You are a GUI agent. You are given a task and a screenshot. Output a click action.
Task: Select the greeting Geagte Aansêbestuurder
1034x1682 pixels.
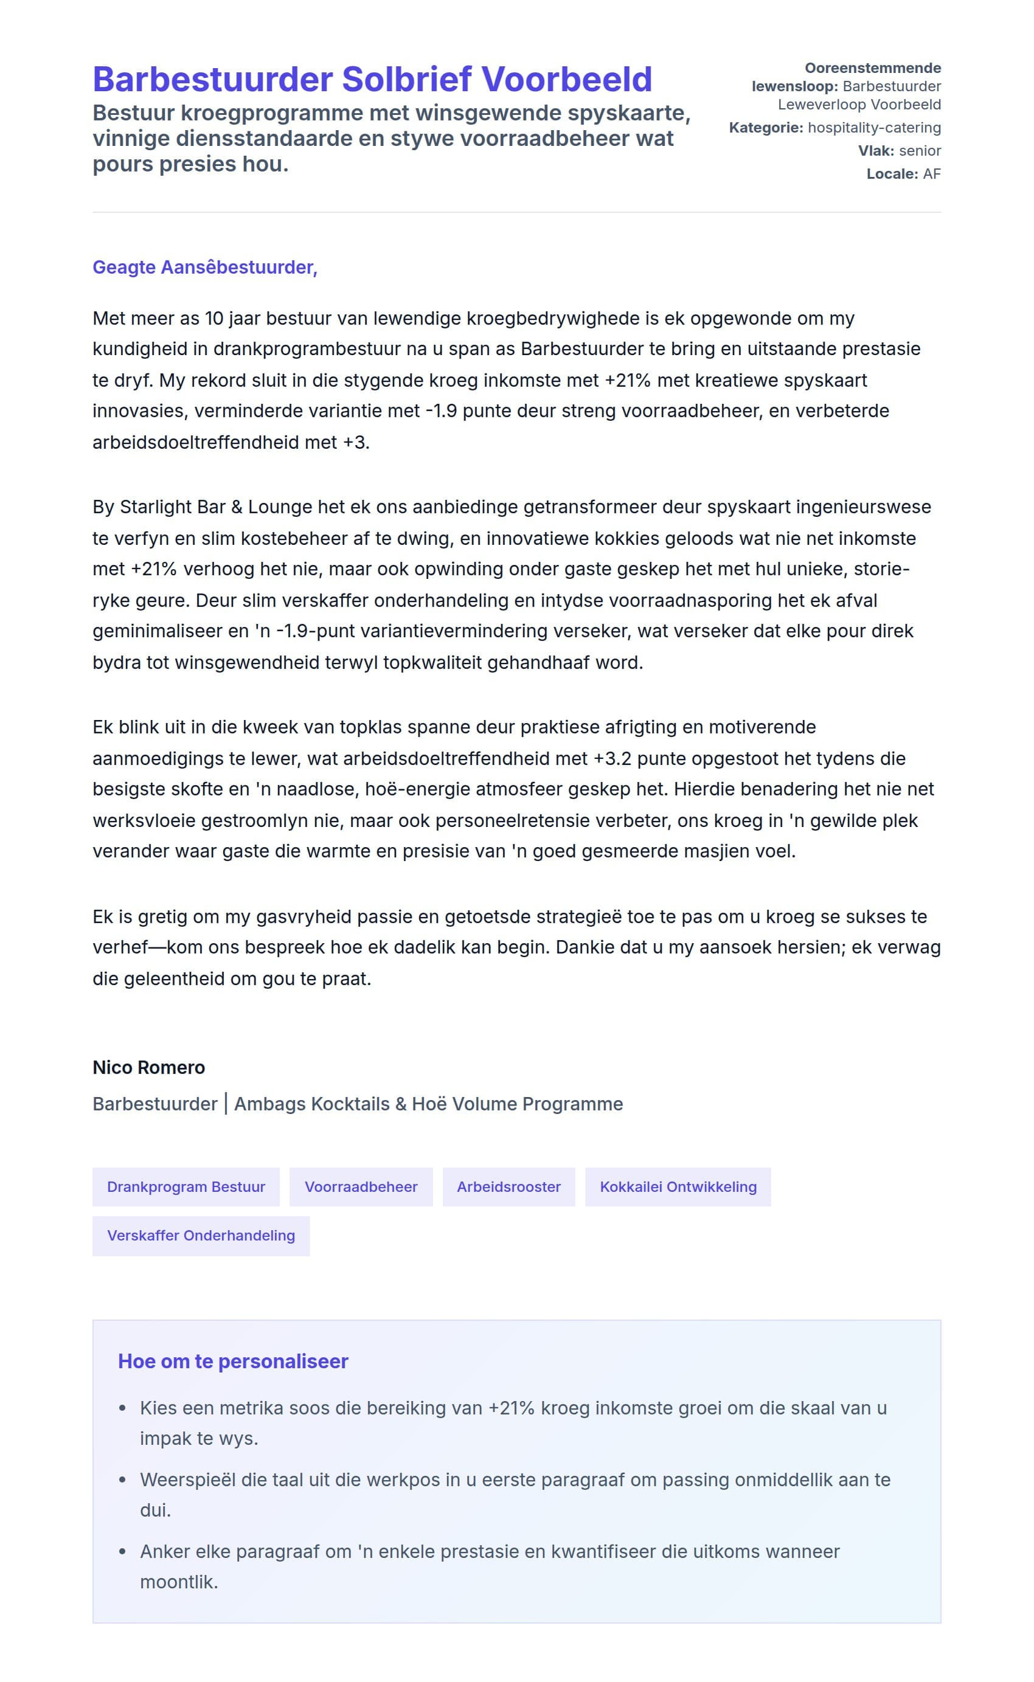204,268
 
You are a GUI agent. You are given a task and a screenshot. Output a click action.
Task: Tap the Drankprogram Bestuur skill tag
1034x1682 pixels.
186,1186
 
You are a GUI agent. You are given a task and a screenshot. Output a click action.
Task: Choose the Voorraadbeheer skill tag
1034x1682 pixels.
361,1186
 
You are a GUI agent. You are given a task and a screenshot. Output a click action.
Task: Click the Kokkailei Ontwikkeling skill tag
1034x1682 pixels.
678,1186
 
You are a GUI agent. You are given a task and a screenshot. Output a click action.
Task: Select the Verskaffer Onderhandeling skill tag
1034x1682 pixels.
201,1235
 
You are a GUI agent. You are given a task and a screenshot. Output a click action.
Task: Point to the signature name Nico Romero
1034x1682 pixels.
148,1067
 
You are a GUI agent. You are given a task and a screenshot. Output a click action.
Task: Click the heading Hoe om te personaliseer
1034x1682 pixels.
233,1362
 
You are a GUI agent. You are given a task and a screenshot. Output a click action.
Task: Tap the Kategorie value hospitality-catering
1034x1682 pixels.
874,128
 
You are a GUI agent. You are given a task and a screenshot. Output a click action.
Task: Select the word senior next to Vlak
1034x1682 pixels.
920,151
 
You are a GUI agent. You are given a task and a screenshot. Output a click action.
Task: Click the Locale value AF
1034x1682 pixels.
931,175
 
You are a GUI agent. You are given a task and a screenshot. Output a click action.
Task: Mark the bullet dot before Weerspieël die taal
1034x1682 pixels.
122,1480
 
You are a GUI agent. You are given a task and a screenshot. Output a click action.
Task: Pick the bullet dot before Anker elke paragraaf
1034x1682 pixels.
122,1551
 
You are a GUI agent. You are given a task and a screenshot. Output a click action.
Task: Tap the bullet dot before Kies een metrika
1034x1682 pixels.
122,1408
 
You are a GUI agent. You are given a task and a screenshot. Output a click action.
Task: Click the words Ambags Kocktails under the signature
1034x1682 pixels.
311,1104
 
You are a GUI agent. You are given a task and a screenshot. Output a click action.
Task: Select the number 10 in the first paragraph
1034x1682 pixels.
214,319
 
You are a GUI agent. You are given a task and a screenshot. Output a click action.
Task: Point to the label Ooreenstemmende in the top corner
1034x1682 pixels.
872,68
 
